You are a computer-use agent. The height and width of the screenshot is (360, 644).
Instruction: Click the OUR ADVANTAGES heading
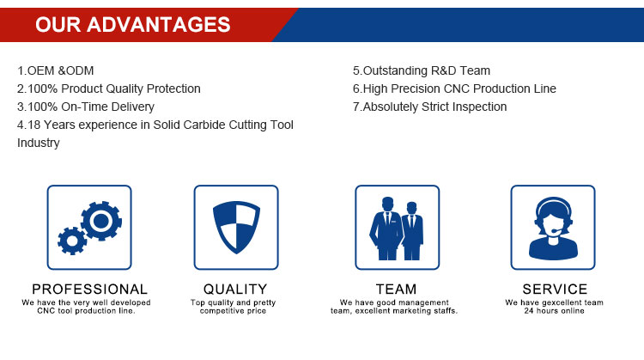pos(132,25)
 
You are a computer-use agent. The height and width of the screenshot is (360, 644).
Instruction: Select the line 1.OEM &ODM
pos(56,70)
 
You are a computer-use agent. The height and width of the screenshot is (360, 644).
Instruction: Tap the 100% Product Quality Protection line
pos(109,88)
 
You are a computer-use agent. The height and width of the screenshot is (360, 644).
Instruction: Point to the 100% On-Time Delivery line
pos(86,107)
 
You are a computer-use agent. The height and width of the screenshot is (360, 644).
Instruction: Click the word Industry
pos(39,143)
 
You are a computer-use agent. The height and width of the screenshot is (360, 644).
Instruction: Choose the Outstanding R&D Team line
pos(422,70)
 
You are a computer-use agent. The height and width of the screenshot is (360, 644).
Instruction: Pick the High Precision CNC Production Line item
pos(454,88)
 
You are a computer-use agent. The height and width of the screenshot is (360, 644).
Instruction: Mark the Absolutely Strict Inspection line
pos(429,107)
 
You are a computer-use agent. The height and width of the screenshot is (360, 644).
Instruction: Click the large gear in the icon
pos(101,221)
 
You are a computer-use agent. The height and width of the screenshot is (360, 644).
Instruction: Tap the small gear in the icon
pos(72,241)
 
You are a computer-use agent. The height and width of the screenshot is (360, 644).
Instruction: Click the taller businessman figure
pos(386,229)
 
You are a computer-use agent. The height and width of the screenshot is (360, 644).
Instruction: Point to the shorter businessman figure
pos(412,231)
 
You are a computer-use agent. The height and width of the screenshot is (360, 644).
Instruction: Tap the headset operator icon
pos(553,228)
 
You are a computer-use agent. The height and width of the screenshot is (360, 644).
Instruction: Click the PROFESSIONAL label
pos(89,290)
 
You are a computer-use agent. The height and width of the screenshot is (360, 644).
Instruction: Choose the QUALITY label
pos(235,290)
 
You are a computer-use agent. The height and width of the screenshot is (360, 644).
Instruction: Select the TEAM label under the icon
pos(397,290)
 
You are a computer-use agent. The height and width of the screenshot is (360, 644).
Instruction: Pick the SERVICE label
pos(555,290)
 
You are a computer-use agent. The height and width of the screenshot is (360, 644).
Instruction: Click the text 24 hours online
pos(554,311)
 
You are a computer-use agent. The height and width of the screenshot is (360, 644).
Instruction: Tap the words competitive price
pos(233,311)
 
